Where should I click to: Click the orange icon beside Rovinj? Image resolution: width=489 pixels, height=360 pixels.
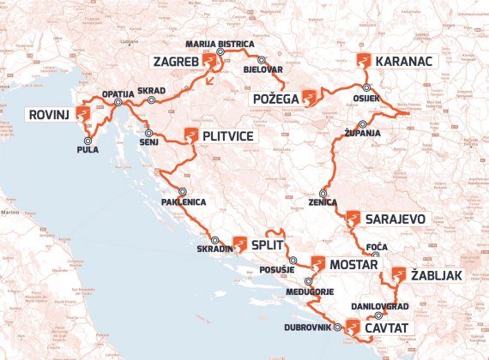coord(84,114)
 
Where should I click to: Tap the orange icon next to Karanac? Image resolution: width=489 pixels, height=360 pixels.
coord(365,62)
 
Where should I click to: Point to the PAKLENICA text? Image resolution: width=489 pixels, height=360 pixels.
coord(183,202)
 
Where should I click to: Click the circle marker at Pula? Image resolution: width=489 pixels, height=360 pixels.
coord(87,140)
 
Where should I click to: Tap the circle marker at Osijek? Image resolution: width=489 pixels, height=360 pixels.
coord(366,87)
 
